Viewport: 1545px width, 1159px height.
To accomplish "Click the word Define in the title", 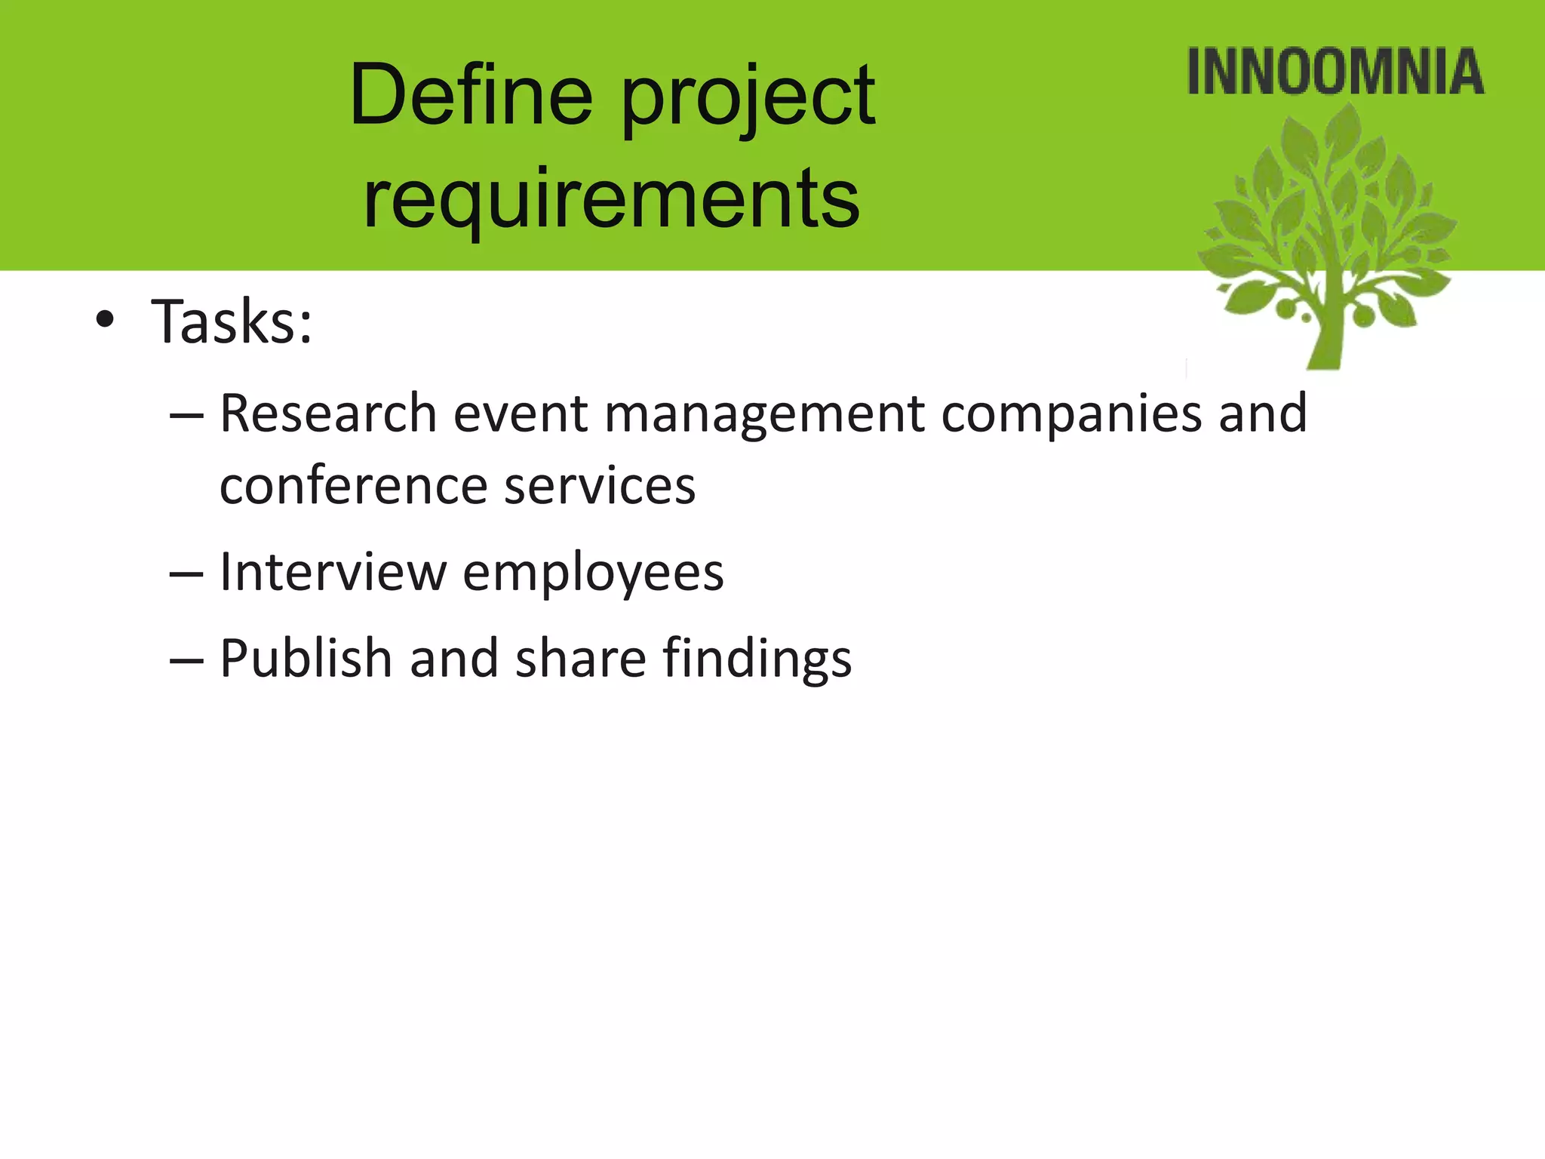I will [471, 97].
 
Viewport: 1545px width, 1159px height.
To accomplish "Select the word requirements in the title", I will [611, 198].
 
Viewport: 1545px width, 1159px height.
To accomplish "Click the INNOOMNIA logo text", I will [1335, 72].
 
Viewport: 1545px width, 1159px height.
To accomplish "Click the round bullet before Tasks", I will [105, 321].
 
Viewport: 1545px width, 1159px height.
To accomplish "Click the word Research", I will [328, 413].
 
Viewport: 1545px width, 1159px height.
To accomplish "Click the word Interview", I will [333, 571].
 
